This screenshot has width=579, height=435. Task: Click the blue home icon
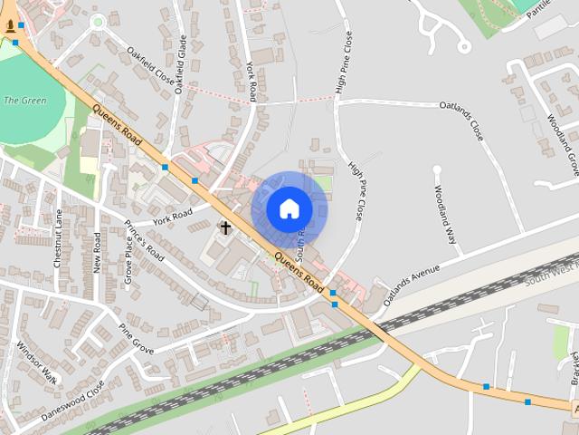click(289, 208)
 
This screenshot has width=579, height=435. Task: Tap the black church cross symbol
click(225, 228)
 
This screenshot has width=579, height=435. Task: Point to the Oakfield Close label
click(150, 64)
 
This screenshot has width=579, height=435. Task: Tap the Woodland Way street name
click(444, 215)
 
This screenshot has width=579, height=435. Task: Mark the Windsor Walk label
click(36, 362)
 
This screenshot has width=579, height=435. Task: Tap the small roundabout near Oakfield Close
click(98, 20)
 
